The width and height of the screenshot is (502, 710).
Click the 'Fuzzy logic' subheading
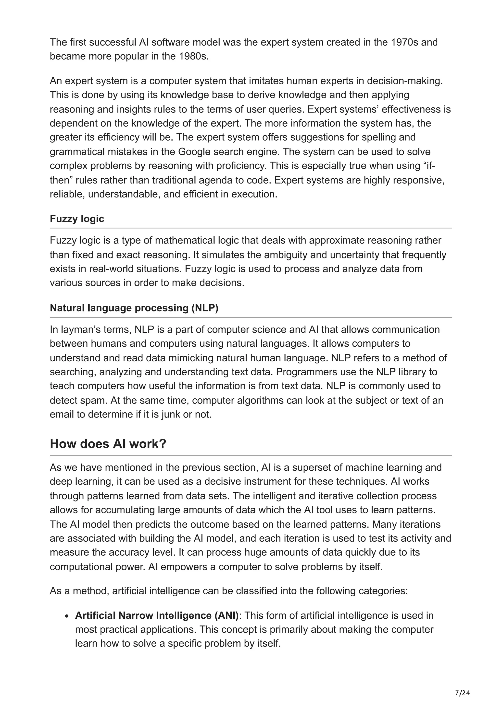click(x=77, y=219)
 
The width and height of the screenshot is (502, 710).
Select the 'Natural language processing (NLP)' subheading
click(x=134, y=308)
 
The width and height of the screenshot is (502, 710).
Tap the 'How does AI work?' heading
click(x=108, y=444)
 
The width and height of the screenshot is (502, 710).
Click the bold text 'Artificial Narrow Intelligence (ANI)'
click(x=157, y=615)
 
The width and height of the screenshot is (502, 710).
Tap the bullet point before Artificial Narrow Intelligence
click(x=67, y=616)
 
